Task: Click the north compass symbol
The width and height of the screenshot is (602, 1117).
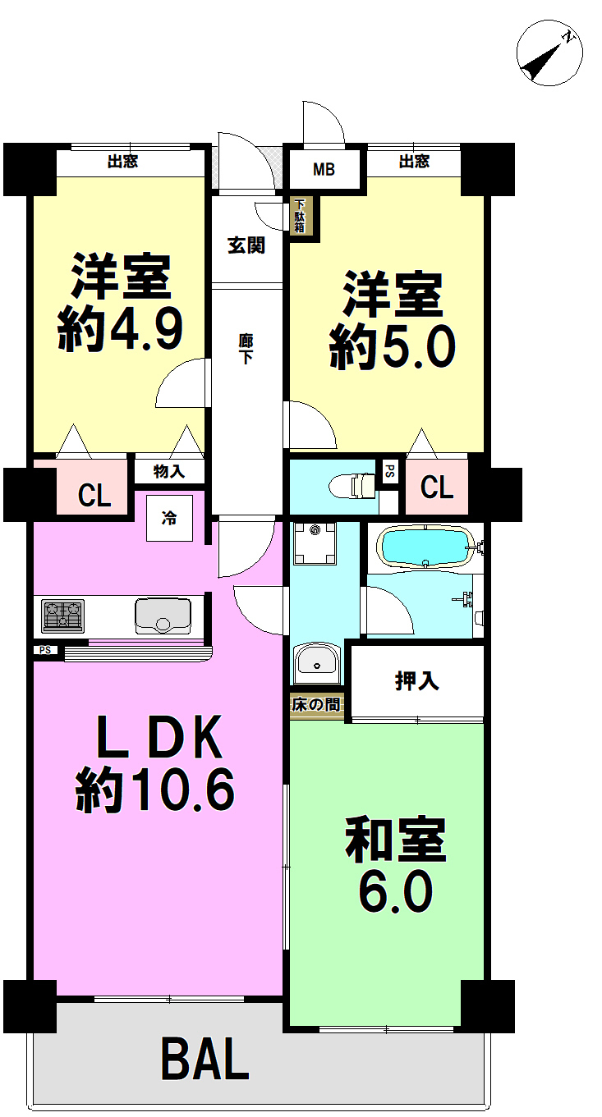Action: (x=549, y=53)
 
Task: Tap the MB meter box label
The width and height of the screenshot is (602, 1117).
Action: (x=324, y=170)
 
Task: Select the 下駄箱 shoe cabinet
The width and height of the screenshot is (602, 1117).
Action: (x=300, y=216)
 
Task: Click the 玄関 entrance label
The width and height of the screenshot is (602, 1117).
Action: (x=246, y=245)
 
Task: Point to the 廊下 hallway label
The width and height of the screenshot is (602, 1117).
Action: (x=246, y=349)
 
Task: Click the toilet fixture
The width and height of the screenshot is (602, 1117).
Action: (x=352, y=486)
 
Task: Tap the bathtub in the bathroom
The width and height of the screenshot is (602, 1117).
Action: (x=425, y=547)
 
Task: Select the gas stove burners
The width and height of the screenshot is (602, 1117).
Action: (x=63, y=616)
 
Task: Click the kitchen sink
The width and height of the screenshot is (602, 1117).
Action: (x=163, y=616)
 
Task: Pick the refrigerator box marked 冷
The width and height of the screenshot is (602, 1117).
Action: (x=169, y=518)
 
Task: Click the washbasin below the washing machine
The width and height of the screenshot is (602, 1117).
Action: (x=317, y=663)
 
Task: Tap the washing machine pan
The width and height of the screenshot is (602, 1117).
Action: (x=315, y=543)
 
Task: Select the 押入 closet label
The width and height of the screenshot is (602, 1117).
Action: (x=417, y=681)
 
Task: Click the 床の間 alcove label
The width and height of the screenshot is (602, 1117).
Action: (x=316, y=705)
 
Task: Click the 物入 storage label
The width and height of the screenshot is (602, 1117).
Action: (x=169, y=471)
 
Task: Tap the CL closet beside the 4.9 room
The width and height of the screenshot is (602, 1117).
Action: (x=94, y=496)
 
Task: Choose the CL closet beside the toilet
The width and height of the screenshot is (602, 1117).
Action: (x=437, y=488)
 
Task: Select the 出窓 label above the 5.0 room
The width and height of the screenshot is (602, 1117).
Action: (x=414, y=161)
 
